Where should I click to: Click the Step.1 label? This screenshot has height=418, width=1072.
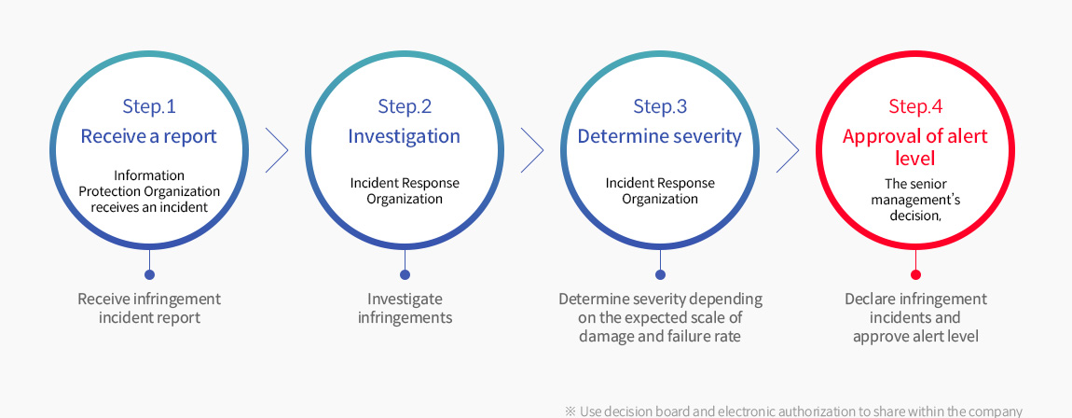click(149, 106)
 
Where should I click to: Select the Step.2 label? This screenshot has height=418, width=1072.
click(405, 106)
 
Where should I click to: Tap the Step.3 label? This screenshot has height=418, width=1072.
click(660, 106)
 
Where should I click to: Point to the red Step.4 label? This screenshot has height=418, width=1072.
click(915, 106)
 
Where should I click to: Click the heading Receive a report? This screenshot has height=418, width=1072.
click(149, 136)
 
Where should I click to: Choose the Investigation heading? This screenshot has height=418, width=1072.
click(404, 136)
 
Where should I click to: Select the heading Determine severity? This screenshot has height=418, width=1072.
click(660, 136)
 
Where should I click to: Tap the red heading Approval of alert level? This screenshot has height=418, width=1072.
click(915, 147)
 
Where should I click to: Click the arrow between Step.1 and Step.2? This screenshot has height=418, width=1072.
click(277, 150)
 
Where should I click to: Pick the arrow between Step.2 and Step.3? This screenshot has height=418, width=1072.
click(532, 150)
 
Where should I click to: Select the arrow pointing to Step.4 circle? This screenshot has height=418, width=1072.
click(788, 150)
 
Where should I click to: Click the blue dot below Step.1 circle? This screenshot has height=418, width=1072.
click(149, 274)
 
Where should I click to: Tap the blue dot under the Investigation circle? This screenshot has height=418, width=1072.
click(405, 274)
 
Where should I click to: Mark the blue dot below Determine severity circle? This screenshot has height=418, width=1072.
click(660, 274)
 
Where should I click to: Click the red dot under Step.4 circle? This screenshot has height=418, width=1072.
click(915, 274)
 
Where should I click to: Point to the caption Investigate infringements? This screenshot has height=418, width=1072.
click(405, 309)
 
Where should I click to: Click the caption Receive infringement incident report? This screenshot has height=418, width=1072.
click(149, 309)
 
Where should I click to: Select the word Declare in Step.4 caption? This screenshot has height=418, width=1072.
click(869, 299)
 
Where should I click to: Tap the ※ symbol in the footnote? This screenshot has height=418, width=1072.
click(570, 411)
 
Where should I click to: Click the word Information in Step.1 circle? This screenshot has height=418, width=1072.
click(149, 175)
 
